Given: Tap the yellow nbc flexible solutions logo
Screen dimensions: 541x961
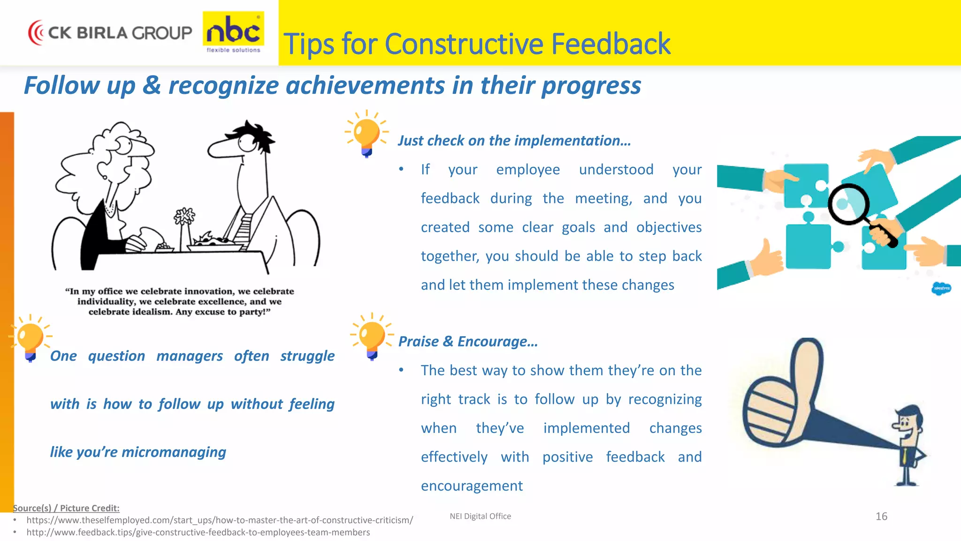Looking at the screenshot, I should (x=233, y=32).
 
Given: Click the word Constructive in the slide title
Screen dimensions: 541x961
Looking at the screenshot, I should (x=464, y=44).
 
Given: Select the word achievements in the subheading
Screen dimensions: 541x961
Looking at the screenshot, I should (x=366, y=86).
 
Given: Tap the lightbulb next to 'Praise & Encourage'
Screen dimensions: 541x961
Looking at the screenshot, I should (x=372, y=336).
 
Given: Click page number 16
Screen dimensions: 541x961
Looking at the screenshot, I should (x=881, y=517).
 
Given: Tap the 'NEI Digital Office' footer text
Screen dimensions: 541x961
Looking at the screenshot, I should (x=480, y=516).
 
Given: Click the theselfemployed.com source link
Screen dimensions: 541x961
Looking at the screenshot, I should (x=220, y=520).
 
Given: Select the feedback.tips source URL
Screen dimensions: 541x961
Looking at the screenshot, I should (x=198, y=533).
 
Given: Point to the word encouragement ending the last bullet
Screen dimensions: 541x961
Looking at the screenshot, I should (x=472, y=486).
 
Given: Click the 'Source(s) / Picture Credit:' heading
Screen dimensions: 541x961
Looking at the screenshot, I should (x=66, y=508).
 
